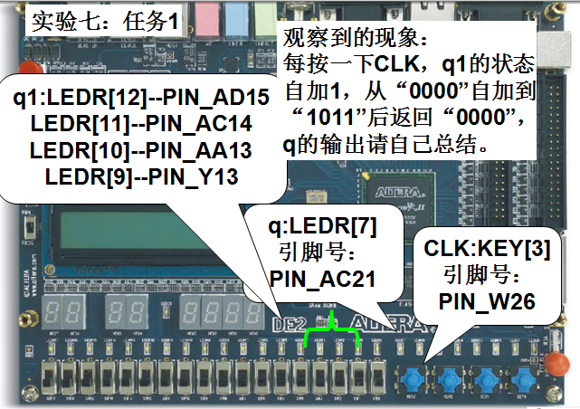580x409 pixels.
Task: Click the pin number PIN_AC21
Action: click(323, 280)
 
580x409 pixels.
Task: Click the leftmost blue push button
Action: click(417, 376)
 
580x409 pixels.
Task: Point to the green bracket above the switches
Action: click(331, 336)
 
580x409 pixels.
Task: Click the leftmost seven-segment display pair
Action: click(61, 309)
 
